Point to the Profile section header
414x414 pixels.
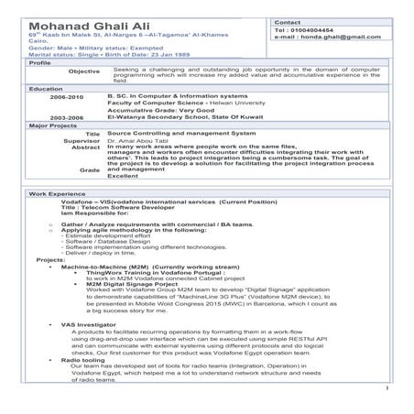[x=40, y=63]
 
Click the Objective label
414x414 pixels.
[x=84, y=71]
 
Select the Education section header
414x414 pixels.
[x=46, y=89]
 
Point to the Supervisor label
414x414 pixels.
[x=82, y=140]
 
